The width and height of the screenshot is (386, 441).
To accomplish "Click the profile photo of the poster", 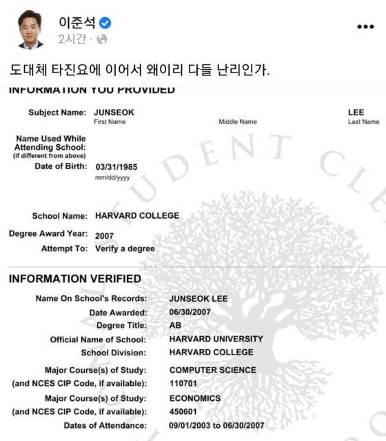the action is (x=30, y=30).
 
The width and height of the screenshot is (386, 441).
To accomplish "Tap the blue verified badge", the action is (x=105, y=23).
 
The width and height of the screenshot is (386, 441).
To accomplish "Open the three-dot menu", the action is (x=365, y=27).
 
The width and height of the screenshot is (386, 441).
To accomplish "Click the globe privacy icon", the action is (x=102, y=39).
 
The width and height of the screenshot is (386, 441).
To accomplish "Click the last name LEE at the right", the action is (x=356, y=112).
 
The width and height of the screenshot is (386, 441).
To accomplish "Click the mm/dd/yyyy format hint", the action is (x=112, y=178).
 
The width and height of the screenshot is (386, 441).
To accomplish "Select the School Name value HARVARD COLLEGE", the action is (x=137, y=215).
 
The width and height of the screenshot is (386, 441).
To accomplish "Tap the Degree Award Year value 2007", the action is (x=105, y=235).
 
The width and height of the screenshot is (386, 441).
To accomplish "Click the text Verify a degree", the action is (x=125, y=248).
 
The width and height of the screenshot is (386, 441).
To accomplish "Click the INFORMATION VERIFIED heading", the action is (x=74, y=279).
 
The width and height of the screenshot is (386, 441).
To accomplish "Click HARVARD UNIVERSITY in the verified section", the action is (x=216, y=339).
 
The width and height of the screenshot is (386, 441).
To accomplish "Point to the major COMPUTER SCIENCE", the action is (x=212, y=371).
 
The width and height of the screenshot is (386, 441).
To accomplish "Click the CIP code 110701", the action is (x=182, y=384).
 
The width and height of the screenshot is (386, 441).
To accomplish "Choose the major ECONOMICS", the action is (x=195, y=398).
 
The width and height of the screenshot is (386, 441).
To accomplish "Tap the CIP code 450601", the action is (x=183, y=412).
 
